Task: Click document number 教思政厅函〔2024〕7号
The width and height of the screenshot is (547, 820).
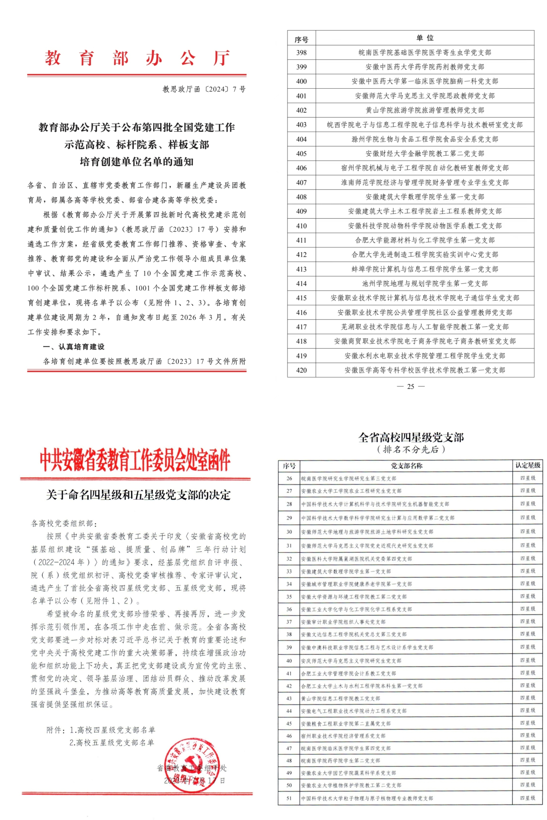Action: point(204,89)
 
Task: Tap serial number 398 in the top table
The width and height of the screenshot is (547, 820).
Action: point(301,53)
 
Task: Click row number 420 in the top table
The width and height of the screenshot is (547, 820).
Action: point(301,370)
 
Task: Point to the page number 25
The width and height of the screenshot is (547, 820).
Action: point(411,386)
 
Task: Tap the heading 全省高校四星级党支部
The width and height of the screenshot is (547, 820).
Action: point(411,437)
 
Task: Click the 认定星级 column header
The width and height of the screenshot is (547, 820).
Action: point(528,465)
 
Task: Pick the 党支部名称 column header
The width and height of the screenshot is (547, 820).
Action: point(406,466)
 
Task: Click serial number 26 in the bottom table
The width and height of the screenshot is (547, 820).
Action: point(289,478)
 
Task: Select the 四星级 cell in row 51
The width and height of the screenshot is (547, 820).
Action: point(528,798)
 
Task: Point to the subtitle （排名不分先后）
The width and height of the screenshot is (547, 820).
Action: point(411,450)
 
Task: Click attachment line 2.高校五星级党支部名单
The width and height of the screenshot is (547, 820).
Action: point(112,743)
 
